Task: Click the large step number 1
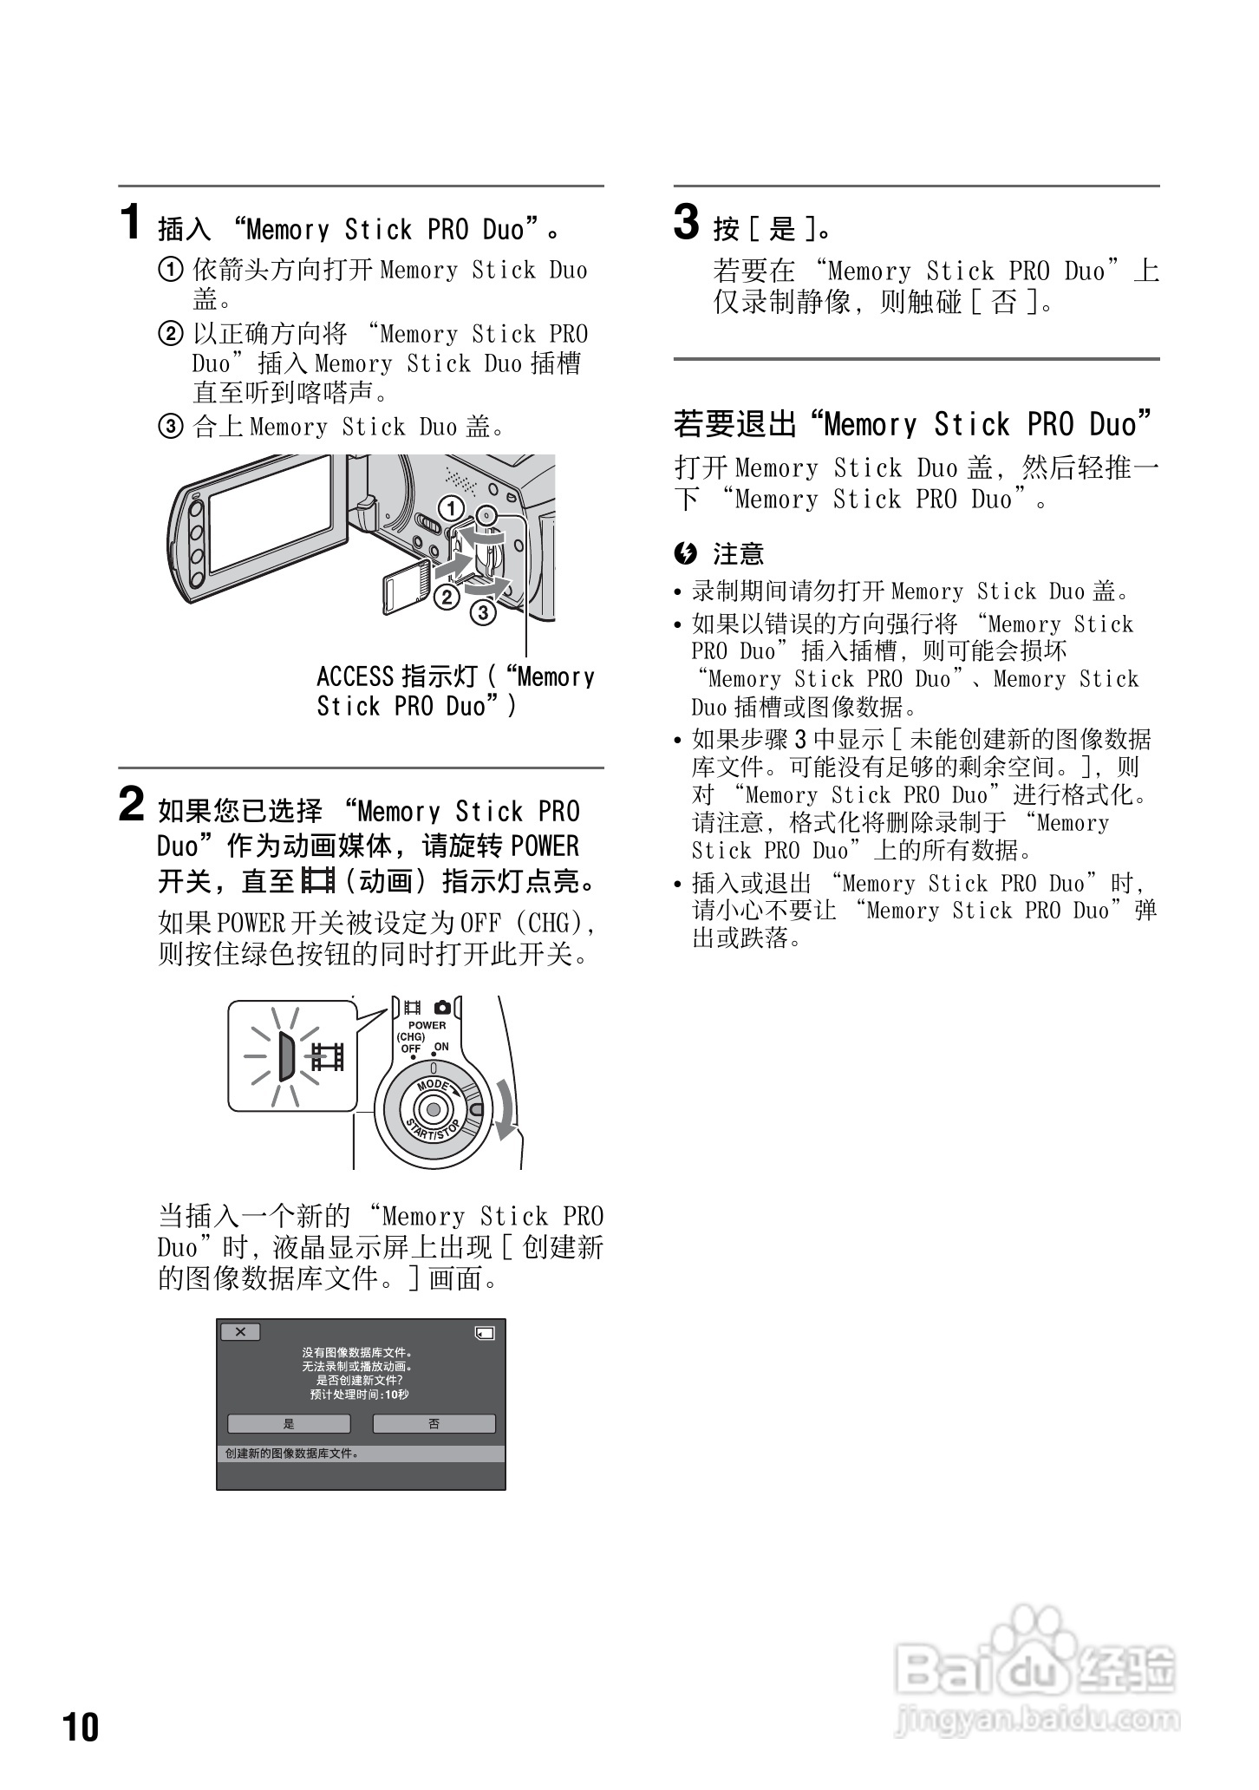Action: pos(130,222)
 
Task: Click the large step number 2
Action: pos(131,804)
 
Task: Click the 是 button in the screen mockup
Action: pos(289,1424)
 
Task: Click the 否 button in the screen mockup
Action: pos(434,1424)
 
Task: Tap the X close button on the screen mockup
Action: pos(240,1332)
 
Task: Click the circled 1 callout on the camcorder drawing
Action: pos(450,508)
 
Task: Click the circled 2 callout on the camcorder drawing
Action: pos(447,597)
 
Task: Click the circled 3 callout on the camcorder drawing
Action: pos(483,613)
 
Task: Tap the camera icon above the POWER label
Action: pos(442,1008)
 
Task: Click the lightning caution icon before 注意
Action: pos(685,552)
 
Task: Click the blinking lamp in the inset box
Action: pos(285,1056)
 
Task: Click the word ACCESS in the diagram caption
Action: pos(354,676)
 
